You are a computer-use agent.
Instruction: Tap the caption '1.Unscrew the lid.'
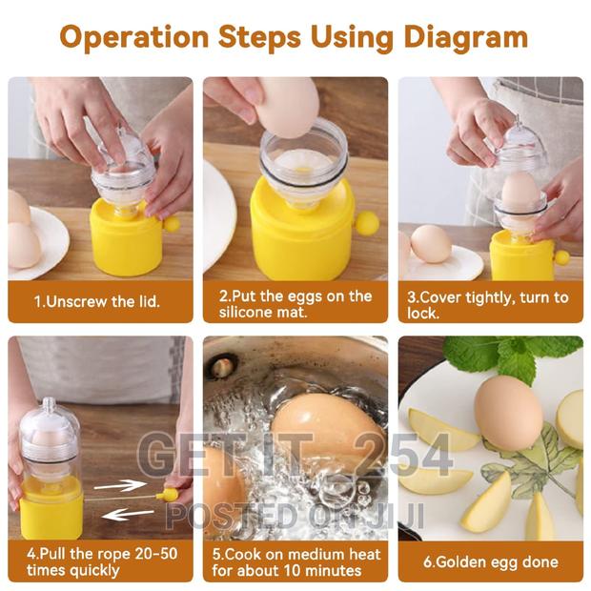coord(99,301)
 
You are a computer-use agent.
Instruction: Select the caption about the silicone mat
coord(295,303)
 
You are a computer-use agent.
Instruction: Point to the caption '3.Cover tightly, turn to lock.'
coord(490,303)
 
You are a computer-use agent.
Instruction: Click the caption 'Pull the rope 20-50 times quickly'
coord(99,561)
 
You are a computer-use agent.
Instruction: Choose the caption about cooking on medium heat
coord(295,561)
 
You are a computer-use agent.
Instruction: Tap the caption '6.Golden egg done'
coord(490,561)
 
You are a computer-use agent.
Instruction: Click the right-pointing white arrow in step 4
coord(120,485)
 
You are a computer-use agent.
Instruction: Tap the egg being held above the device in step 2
coord(287,106)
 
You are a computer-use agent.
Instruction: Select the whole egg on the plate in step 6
coord(508,412)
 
